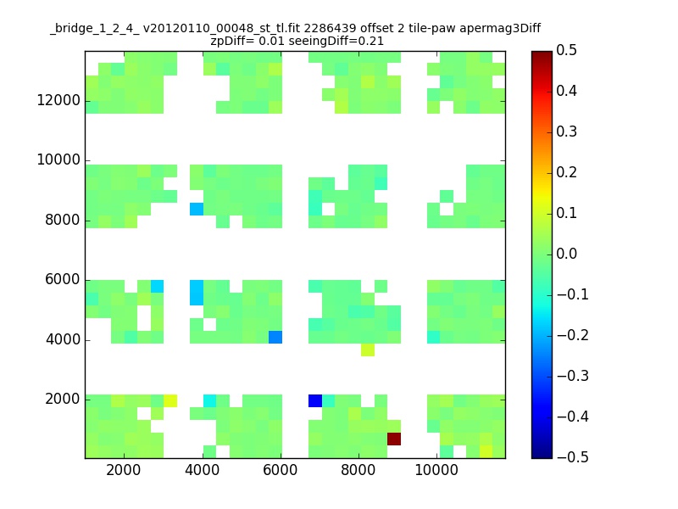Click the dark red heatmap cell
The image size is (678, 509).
pyautogui.click(x=394, y=439)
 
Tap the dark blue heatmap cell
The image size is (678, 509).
pyautogui.click(x=315, y=400)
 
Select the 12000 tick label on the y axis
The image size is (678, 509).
pyautogui.click(x=58, y=100)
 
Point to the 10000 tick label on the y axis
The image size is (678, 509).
pyautogui.click(x=58, y=159)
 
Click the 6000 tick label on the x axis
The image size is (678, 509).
pyautogui.click(x=281, y=470)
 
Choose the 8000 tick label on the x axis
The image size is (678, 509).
pyautogui.click(x=358, y=470)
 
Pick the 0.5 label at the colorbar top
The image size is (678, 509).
pyautogui.click(x=566, y=50)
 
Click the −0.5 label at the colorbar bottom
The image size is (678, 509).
pyautogui.click(x=573, y=457)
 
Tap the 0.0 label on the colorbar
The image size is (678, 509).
pyautogui.click(x=566, y=254)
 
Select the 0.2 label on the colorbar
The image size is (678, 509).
pyautogui.click(x=566, y=172)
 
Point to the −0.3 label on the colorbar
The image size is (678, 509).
pyautogui.click(x=573, y=376)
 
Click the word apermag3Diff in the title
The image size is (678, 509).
pyautogui.click(x=500, y=29)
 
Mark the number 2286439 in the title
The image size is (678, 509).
pyautogui.click(x=331, y=28)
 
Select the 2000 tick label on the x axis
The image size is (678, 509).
pyautogui.click(x=123, y=470)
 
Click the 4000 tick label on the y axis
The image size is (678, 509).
pyautogui.click(x=63, y=339)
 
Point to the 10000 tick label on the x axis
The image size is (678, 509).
pyautogui.click(x=436, y=470)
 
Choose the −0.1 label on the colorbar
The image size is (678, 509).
pyautogui.click(x=573, y=294)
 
